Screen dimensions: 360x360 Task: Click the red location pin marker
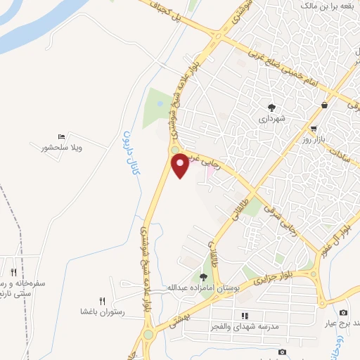(181, 165)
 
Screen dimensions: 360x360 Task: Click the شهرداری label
(271, 119)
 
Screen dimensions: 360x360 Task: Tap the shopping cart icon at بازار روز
(314, 129)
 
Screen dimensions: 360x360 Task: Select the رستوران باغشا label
(103, 310)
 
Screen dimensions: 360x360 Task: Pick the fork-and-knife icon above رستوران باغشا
(103, 300)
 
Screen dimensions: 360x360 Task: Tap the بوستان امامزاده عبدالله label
(203, 288)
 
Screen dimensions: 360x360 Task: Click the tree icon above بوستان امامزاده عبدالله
(203, 277)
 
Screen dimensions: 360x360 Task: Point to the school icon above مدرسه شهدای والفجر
(245, 316)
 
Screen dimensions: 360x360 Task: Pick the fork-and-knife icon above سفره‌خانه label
(13, 272)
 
